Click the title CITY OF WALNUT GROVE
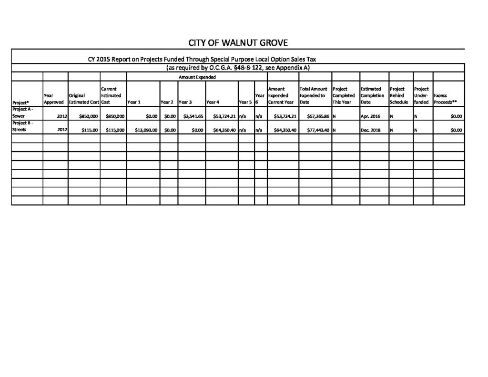pyautogui.click(x=238, y=43)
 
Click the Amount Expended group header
pyautogui.click(x=197, y=77)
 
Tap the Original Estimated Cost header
pyautogui.click(x=83, y=99)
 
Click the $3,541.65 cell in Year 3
pyautogui.click(x=193, y=116)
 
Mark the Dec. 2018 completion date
pyautogui.click(x=371, y=130)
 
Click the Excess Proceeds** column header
pyautogui.click(x=445, y=99)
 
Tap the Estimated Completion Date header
pyautogui.click(x=373, y=95)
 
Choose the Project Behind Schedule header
pyautogui.click(x=399, y=95)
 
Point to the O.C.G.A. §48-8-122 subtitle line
pyautogui.click(x=238, y=68)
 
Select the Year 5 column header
pyautogui.click(x=245, y=102)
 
